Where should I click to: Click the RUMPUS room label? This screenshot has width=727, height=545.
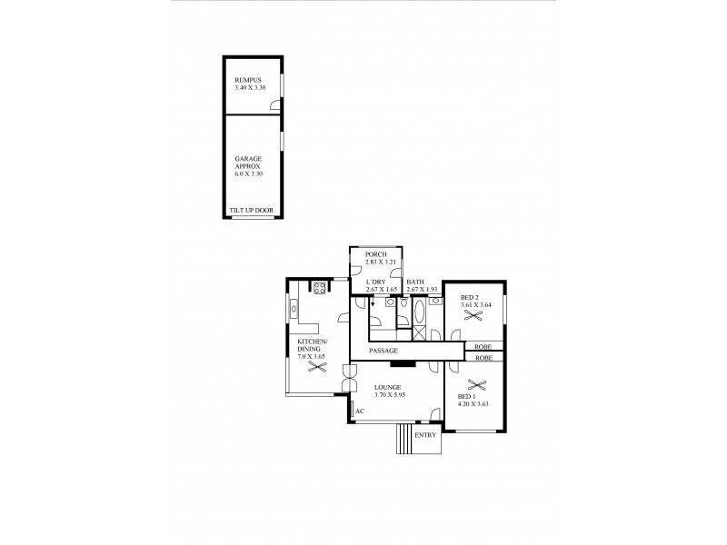pyautogui.click(x=247, y=79)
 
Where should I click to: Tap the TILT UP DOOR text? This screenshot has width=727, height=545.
pyautogui.click(x=253, y=211)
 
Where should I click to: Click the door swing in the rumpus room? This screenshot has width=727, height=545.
pyautogui.click(x=274, y=105)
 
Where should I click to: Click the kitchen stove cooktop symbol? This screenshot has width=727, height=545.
pyautogui.click(x=320, y=288)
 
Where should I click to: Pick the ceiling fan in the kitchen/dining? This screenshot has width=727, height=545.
pyautogui.click(x=317, y=368)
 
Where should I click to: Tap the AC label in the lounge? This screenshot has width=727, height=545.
pyautogui.click(x=360, y=411)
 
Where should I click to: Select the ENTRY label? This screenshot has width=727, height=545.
pyautogui.click(x=424, y=435)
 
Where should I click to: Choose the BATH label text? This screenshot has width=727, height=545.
pyautogui.click(x=415, y=282)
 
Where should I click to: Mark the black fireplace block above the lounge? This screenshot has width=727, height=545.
pyautogui.click(x=403, y=364)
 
